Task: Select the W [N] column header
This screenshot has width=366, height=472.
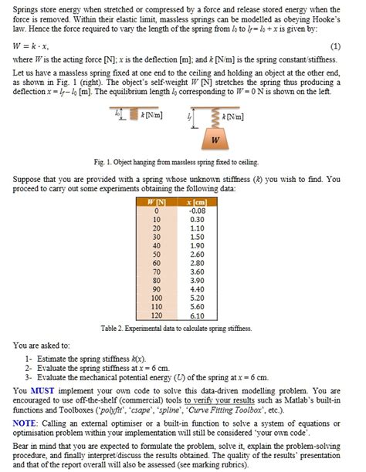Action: [x=157, y=201]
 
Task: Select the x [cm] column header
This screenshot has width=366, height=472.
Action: [x=196, y=201]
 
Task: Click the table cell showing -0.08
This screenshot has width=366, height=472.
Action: [x=197, y=209]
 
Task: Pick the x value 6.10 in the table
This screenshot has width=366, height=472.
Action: [x=197, y=315]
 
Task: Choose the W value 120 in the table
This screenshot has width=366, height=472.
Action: [x=157, y=315]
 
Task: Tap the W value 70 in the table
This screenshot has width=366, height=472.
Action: [x=157, y=271]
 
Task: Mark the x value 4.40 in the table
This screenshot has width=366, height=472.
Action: [x=197, y=288]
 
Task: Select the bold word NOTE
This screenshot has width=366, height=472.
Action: [x=25, y=423]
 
